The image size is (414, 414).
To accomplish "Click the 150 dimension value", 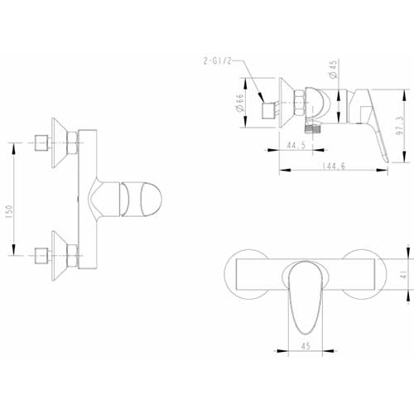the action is [x=9, y=212].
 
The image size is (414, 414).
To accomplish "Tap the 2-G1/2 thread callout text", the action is [x=217, y=61].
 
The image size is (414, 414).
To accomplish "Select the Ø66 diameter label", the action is [x=240, y=103].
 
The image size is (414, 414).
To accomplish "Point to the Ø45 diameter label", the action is [x=334, y=70].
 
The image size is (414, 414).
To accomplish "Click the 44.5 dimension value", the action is [x=296, y=145].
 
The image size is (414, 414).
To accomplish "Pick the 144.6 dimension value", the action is [x=334, y=166].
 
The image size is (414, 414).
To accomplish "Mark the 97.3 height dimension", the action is [x=399, y=126].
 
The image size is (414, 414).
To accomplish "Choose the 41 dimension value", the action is [x=403, y=275].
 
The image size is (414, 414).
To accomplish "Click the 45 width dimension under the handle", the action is [x=306, y=346].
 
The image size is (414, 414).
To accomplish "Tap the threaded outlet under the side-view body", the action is [x=311, y=128].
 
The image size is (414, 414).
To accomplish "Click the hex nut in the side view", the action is [x=300, y=103].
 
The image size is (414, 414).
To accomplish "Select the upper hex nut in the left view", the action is [x=73, y=142].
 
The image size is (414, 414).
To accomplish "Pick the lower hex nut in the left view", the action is [x=73, y=256].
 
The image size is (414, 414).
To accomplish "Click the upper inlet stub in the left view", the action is [x=41, y=143].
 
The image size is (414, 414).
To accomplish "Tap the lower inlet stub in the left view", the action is [x=41, y=256].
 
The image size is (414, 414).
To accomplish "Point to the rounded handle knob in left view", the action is [x=141, y=199].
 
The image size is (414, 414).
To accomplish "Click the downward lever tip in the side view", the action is [x=387, y=161].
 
